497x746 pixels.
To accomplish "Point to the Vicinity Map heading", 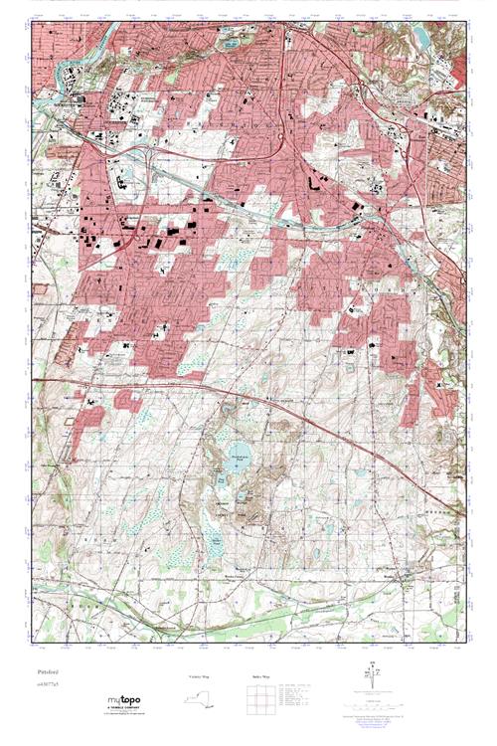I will [200, 675].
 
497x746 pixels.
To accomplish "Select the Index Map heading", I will [256, 675].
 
